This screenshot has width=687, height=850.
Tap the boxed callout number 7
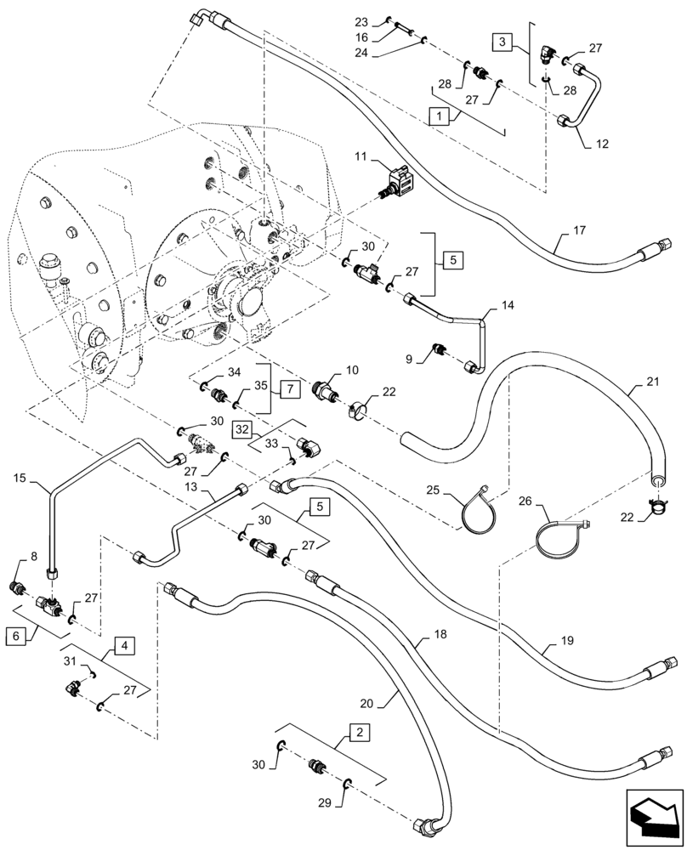click(x=289, y=389)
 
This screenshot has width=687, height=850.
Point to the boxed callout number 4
click(x=124, y=646)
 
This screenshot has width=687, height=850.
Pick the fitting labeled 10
click(x=327, y=392)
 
